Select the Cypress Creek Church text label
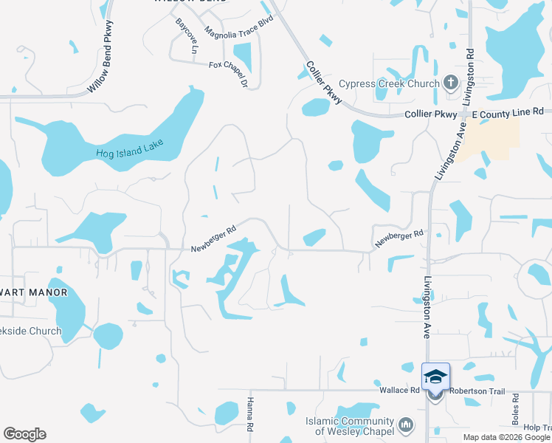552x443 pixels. [389, 83]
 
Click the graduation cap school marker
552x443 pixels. [435, 377]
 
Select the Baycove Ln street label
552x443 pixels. [184, 36]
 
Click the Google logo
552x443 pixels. [24, 433]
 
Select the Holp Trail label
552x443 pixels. [537, 427]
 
